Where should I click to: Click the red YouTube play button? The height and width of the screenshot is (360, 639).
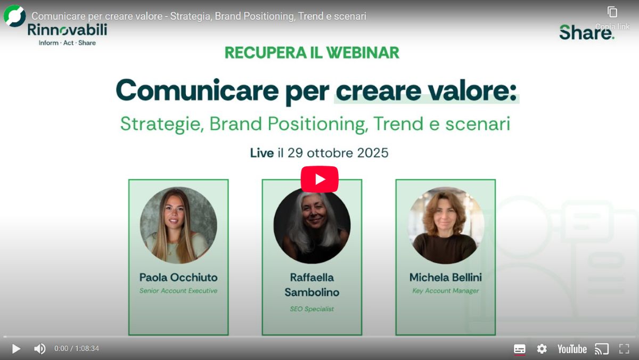coord(319,179)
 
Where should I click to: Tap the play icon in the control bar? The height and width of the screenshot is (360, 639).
coord(16,349)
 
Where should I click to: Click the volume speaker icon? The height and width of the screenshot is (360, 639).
coord(40,349)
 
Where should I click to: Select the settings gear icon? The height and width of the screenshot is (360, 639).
coord(542,349)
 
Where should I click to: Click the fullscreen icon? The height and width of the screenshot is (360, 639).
coord(624,349)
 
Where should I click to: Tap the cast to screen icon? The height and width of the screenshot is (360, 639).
coord(602,349)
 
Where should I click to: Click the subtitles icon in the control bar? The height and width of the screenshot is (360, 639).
coord(520,349)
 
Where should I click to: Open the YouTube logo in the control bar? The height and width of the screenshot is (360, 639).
coord(572,349)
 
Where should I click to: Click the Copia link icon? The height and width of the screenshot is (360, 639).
coord(612,12)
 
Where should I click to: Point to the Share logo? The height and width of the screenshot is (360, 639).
coord(586,32)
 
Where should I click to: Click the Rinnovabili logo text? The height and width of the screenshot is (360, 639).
coord(67,30)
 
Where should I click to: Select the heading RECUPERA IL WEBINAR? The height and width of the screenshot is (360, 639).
coord(312,52)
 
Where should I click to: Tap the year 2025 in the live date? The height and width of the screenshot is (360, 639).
coord(368,153)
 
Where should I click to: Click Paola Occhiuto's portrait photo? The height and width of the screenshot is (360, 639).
coord(178,225)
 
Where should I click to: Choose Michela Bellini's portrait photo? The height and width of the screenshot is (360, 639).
coord(446,225)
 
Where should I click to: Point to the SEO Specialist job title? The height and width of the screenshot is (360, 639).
coord(312,309)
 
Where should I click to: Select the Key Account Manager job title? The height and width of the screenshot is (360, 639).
coord(446,291)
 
